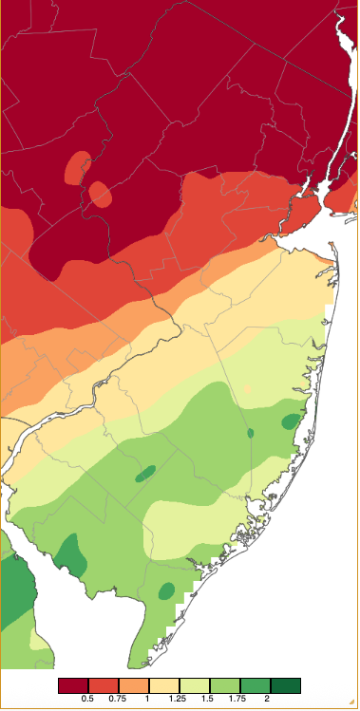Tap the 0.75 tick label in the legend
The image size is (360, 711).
point(118,700)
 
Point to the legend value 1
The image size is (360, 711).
point(148,700)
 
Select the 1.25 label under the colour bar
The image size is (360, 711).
point(179,700)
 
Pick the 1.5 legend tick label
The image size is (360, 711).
point(209,700)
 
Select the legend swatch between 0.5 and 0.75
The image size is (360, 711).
point(103,685)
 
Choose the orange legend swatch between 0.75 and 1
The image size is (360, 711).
point(133,685)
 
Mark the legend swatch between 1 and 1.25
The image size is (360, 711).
point(163,685)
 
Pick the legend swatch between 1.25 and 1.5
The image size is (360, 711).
point(194,685)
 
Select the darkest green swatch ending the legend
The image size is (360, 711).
point(285,685)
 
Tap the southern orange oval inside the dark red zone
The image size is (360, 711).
point(100,195)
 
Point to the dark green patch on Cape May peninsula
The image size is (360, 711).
point(166,590)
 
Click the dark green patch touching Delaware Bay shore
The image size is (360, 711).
point(68,553)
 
